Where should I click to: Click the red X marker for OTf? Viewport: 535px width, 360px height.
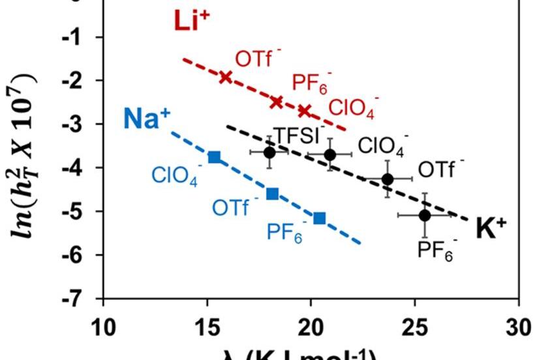pyautogui.click(x=226, y=77)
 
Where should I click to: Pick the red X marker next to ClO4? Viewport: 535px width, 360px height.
pyautogui.click(x=304, y=110)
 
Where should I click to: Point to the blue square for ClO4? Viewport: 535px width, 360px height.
pyautogui.click(x=214, y=157)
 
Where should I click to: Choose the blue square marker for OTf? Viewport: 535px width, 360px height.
pyautogui.click(x=273, y=193)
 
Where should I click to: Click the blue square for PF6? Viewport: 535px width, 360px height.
pyautogui.click(x=320, y=218)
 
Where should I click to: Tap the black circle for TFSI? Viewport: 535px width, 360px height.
pyautogui.click(x=269, y=153)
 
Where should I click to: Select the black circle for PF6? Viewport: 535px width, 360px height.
pyautogui.click(x=425, y=215)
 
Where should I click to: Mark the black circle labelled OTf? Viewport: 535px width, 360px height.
pyautogui.click(x=388, y=178)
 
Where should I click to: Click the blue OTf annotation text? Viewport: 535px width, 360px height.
pyautogui.click(x=231, y=209)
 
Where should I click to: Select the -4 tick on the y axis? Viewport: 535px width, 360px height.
pyautogui.click(x=84, y=168)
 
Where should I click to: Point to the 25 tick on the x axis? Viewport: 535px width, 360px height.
pyautogui.click(x=416, y=325)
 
